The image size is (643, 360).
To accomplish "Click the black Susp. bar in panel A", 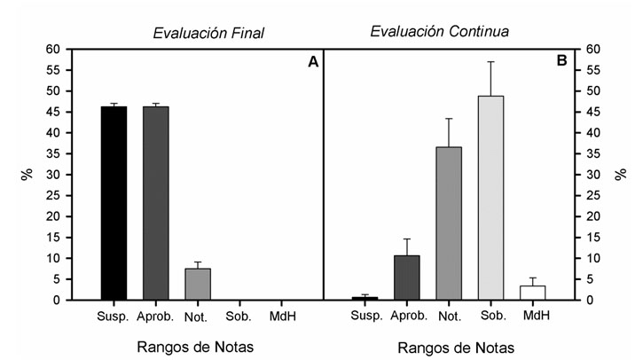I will (x=114, y=203).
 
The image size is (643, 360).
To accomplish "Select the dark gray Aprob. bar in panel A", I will (x=156, y=203).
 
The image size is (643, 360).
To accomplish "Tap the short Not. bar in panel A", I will (x=198, y=284).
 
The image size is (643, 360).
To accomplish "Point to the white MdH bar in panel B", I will (x=533, y=293).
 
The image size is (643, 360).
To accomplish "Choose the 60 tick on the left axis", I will (x=52, y=50).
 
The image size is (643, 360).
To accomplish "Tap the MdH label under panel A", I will (x=283, y=316).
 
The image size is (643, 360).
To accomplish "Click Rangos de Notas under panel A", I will (x=199, y=345).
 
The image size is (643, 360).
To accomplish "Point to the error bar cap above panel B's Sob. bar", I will (x=490, y=62).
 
